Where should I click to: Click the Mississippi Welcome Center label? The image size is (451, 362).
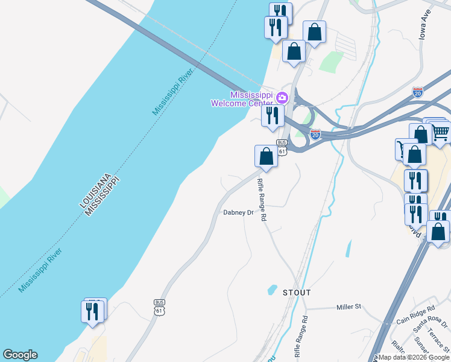click(x=238, y=100)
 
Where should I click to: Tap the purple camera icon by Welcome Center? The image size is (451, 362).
click(x=282, y=97)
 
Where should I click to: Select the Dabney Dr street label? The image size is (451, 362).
click(x=238, y=212)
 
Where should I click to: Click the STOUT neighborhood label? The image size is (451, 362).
click(x=297, y=293)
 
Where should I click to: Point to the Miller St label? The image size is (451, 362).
click(x=348, y=307)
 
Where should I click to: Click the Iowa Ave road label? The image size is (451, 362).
click(x=426, y=25)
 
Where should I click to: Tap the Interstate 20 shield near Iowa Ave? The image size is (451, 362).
click(x=418, y=92)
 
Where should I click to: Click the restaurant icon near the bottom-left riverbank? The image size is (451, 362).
click(x=92, y=311)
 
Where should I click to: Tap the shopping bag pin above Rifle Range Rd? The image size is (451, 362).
click(x=266, y=157)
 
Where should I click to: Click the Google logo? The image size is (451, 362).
click(x=20, y=355)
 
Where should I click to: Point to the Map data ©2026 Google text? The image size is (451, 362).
click(x=414, y=357)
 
